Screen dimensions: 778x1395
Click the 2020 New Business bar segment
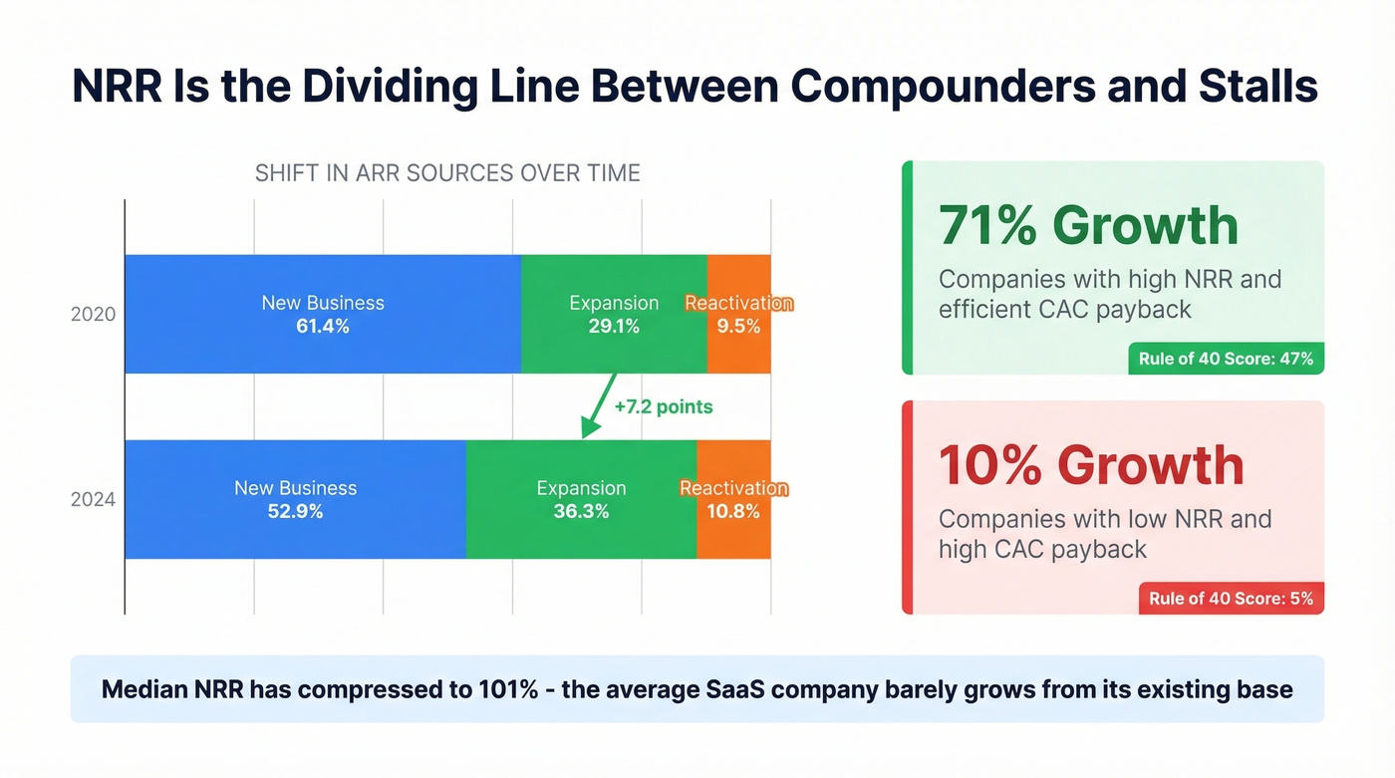323,314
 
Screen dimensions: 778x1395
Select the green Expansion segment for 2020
614,314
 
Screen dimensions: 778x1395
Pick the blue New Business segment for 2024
295,499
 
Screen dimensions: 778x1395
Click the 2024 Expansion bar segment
581,499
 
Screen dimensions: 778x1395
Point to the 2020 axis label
93,315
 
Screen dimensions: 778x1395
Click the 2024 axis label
93,500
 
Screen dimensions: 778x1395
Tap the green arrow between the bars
598,406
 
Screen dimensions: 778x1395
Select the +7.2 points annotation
664,406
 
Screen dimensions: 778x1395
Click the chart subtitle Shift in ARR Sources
447,173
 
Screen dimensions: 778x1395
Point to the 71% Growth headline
1088,225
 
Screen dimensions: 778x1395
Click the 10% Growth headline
1091,465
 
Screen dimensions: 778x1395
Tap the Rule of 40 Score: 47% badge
1226,359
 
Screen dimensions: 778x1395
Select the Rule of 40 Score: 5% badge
1231,599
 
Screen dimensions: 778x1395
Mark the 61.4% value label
323,326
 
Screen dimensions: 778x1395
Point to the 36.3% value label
581,512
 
